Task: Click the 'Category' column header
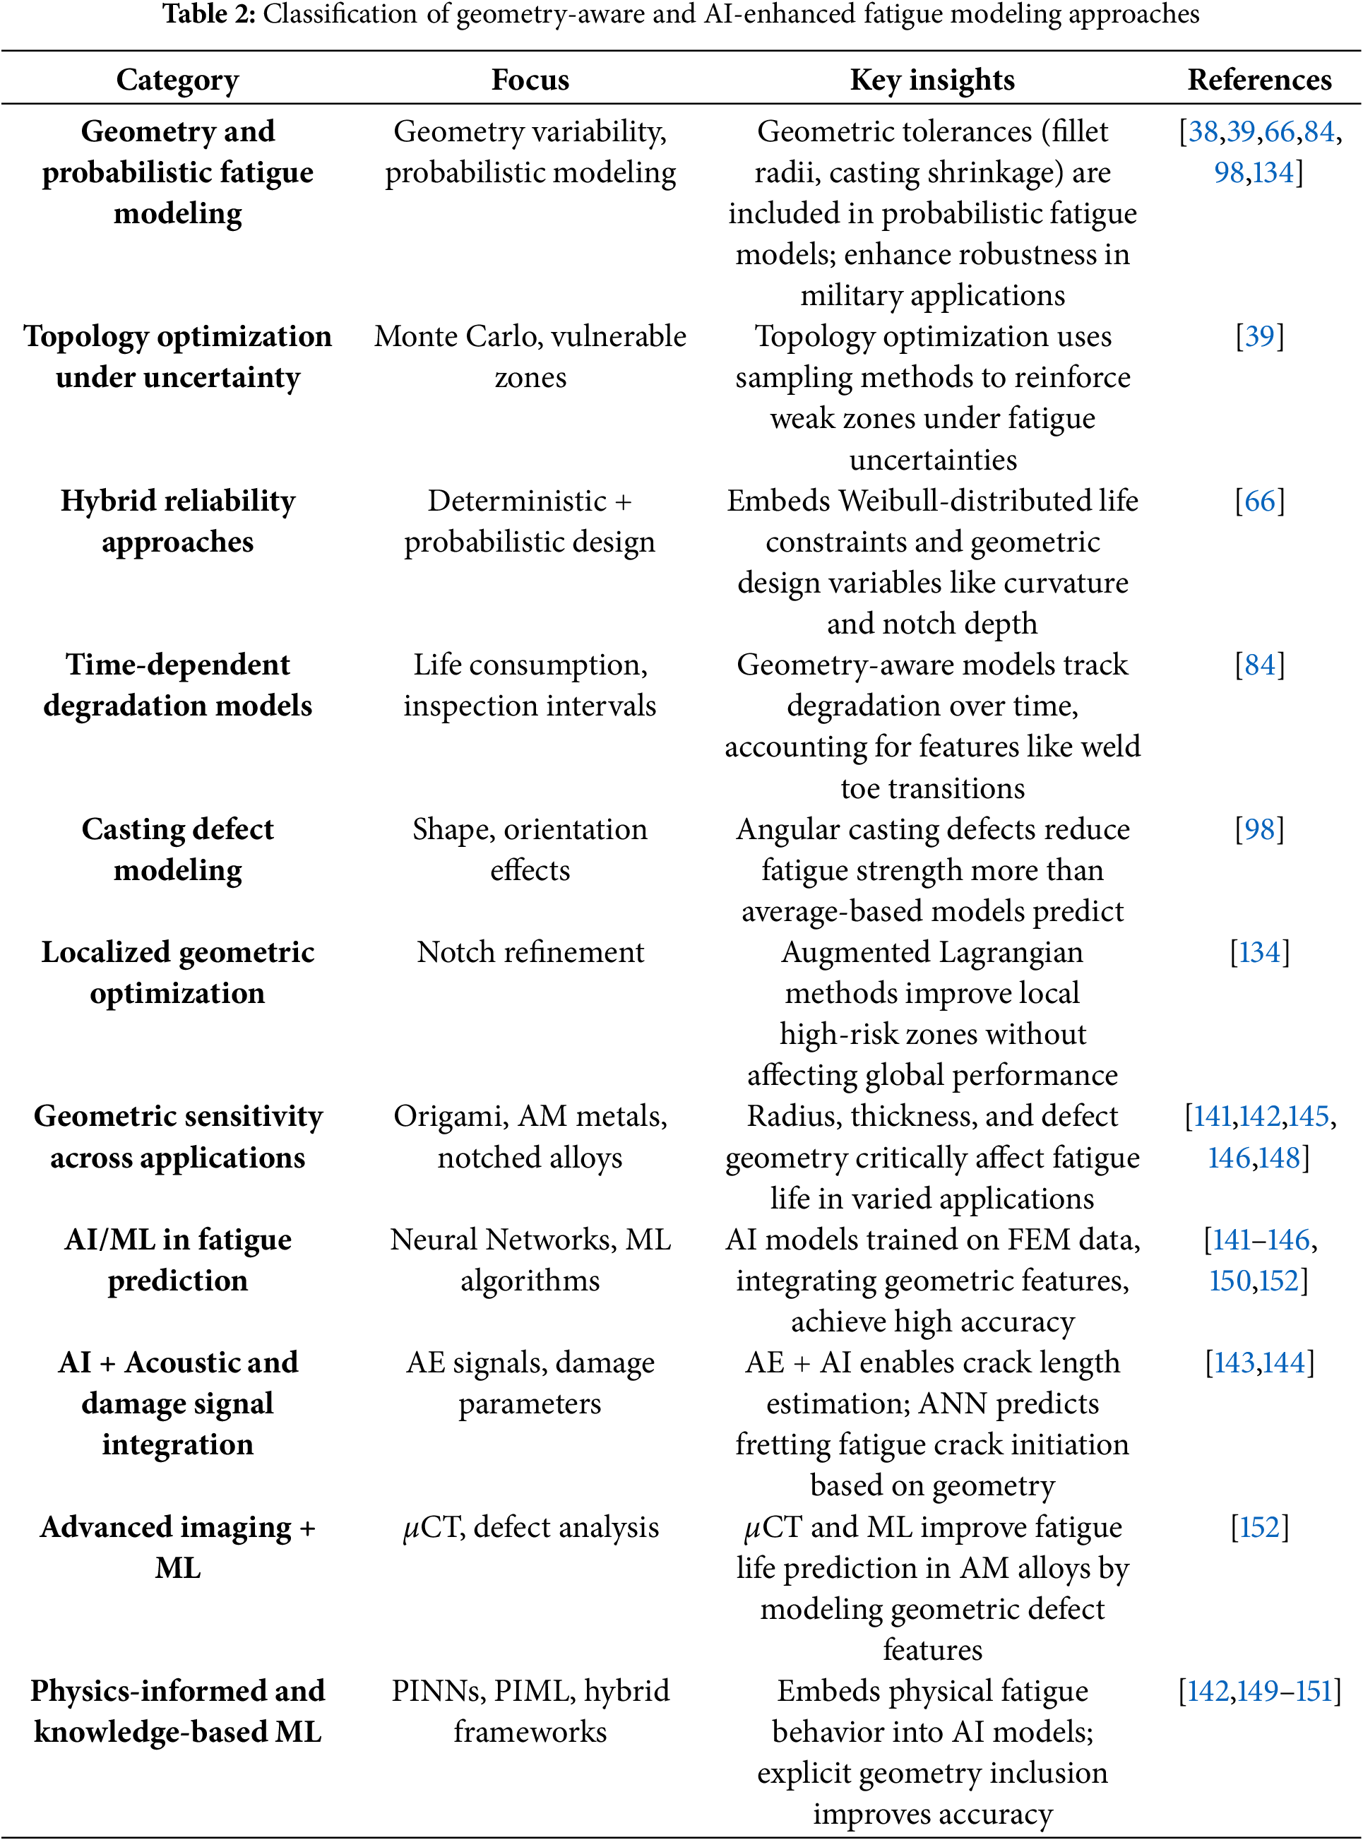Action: (177, 80)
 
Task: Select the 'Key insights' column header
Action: (932, 80)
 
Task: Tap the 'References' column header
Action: (1259, 80)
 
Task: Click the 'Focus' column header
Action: (530, 80)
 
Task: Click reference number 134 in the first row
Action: (1273, 172)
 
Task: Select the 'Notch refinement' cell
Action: (530, 952)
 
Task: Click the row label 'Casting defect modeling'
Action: (177, 849)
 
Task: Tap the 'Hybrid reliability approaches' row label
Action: (177, 521)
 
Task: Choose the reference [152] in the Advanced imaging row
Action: (1259, 1526)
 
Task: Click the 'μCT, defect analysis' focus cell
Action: (530, 1526)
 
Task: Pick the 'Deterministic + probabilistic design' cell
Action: (530, 521)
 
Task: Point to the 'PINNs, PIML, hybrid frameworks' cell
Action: (530, 1711)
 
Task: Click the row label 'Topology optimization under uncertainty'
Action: (177, 357)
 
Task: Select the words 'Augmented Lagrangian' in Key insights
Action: (932, 952)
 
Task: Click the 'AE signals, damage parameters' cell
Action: (530, 1383)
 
